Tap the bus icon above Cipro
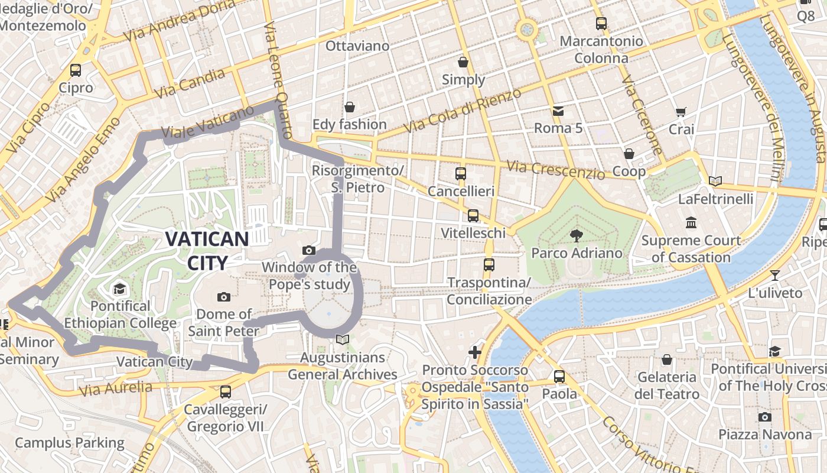(x=76, y=70)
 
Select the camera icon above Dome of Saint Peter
(x=223, y=297)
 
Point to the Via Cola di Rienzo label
(x=463, y=111)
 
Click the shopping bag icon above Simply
(x=463, y=62)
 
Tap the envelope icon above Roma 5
(x=558, y=111)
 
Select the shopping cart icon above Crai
(x=681, y=112)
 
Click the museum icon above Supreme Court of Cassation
(x=691, y=223)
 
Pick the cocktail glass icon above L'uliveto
(x=775, y=276)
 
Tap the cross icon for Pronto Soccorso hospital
(x=475, y=352)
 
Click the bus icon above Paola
(x=559, y=376)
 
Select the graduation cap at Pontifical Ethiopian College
(x=120, y=289)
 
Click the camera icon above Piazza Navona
(x=765, y=417)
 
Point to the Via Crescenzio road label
(x=555, y=170)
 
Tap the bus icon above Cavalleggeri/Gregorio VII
(x=225, y=392)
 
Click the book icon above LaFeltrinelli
(x=715, y=182)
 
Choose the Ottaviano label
(x=357, y=46)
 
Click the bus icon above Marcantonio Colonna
(x=601, y=24)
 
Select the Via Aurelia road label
(x=115, y=389)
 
